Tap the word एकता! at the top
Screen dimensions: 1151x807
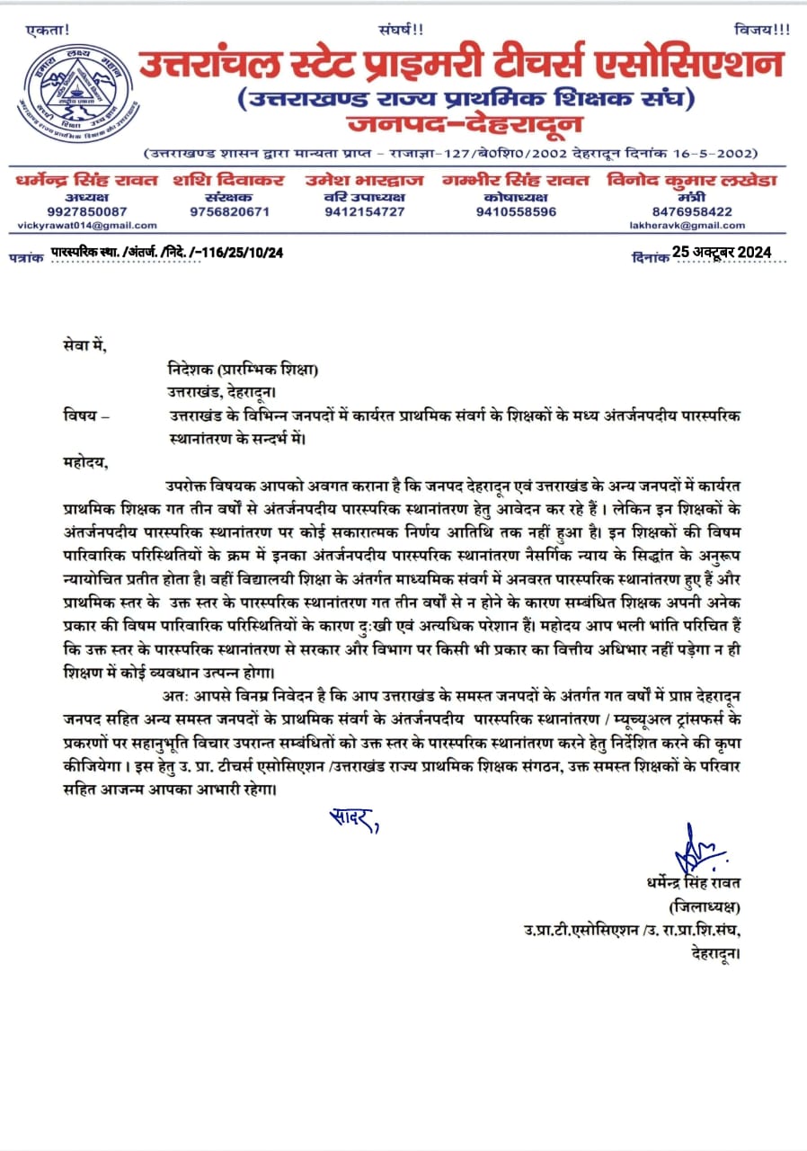pos(49,31)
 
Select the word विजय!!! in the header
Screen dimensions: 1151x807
pos(761,29)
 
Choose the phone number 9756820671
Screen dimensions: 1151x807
pos(229,211)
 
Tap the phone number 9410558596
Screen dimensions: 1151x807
pos(516,211)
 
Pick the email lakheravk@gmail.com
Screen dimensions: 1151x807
pos(687,225)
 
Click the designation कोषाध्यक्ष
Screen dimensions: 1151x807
pos(516,196)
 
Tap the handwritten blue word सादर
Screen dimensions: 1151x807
pos(351,819)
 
